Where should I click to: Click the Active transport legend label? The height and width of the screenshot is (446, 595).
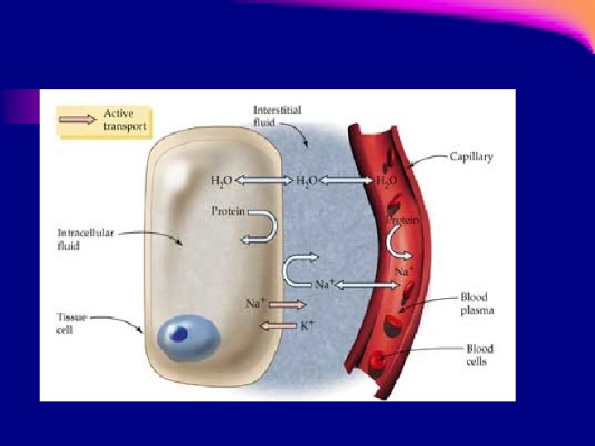125,120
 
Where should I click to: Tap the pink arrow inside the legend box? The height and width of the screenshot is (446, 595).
79,119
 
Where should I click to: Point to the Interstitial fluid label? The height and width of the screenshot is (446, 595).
278,116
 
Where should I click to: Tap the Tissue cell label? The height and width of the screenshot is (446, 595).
71,323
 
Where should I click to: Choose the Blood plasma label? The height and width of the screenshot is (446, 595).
478,303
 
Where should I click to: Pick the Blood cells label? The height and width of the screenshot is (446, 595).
480,355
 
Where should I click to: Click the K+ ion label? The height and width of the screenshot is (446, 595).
307,326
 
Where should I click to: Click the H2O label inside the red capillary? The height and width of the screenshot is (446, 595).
387,180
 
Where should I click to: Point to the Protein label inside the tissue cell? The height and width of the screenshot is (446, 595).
227,211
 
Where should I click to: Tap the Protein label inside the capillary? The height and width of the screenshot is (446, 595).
402,221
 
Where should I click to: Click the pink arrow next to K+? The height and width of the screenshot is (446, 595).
278,326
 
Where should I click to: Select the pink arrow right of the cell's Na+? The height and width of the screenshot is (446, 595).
288,304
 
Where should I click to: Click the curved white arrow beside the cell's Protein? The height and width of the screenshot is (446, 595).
260,225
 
